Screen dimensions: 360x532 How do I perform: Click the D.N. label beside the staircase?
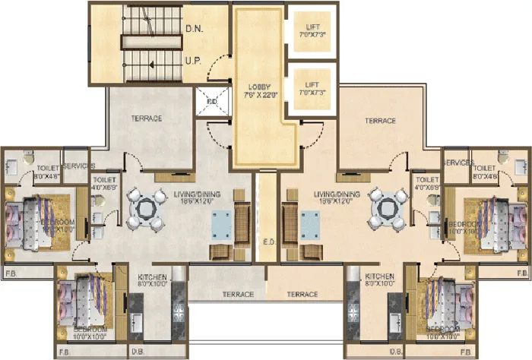[x=194, y=31]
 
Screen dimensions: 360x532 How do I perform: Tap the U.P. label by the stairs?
[x=193, y=59]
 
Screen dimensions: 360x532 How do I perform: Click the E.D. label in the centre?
[x=267, y=245]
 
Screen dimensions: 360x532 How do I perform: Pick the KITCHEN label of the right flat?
[x=379, y=276]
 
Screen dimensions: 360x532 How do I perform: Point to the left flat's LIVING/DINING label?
[x=197, y=194]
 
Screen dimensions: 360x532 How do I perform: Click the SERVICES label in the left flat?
[x=78, y=165]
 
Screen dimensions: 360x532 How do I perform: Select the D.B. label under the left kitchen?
[x=138, y=352]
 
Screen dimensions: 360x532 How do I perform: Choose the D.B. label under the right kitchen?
[x=395, y=352]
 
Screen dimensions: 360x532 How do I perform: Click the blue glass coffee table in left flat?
[x=221, y=226]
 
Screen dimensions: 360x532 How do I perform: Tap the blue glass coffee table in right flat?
[x=311, y=226]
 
